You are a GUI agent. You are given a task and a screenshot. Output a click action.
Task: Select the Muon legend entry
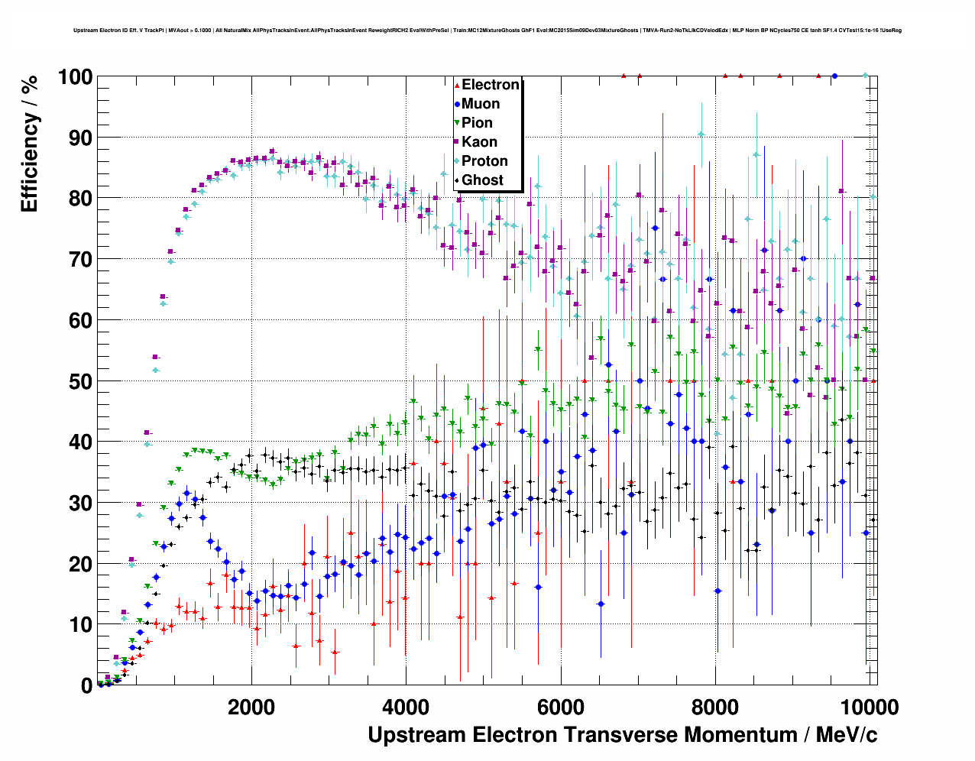tap(481, 104)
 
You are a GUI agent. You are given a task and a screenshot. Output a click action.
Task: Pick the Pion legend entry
tap(477, 123)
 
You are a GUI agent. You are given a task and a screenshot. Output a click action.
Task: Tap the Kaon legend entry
tap(479, 142)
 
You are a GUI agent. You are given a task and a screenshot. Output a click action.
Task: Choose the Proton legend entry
tap(484, 161)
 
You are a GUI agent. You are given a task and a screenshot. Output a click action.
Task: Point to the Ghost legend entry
tap(482, 180)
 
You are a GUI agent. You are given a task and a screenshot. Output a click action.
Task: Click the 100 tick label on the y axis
tap(75, 77)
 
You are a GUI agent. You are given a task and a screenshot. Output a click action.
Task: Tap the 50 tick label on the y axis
tap(81, 381)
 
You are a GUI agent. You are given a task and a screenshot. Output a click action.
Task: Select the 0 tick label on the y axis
tap(87, 686)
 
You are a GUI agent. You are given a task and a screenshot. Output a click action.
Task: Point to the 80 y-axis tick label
tap(81, 199)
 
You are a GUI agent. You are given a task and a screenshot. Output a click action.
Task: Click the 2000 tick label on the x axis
tap(251, 707)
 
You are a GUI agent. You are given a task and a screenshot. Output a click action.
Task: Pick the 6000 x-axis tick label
tap(561, 707)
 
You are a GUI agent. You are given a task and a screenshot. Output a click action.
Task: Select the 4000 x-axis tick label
tap(406, 707)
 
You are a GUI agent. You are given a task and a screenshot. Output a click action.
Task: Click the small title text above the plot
tap(487, 31)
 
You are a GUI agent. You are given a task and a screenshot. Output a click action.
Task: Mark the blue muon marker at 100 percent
tap(834, 76)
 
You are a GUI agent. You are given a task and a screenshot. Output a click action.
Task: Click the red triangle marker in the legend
tap(457, 85)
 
